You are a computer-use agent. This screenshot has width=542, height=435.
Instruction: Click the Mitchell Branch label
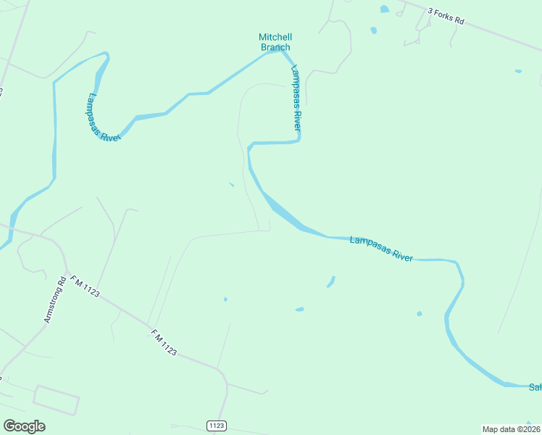point(275,42)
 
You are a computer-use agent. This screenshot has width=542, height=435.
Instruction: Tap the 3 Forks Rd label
point(446,16)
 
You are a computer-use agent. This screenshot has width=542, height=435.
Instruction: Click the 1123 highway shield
point(216,425)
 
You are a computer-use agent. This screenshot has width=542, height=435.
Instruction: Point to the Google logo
point(24,426)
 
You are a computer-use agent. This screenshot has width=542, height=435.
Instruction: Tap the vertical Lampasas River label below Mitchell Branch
point(296,98)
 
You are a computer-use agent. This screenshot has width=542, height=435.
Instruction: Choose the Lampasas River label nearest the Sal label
point(381,248)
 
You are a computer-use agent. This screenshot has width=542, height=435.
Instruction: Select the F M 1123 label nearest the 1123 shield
point(164,341)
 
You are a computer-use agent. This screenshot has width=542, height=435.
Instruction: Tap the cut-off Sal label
point(535,386)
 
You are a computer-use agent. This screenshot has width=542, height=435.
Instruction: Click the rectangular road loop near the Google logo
point(56,399)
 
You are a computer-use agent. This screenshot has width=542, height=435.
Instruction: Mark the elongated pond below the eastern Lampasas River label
point(331,281)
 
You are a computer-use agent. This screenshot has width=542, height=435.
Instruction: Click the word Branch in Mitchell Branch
point(275,47)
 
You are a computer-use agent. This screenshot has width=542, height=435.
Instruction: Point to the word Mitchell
point(275,37)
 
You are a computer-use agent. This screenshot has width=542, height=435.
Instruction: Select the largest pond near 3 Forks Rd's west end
point(384,9)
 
